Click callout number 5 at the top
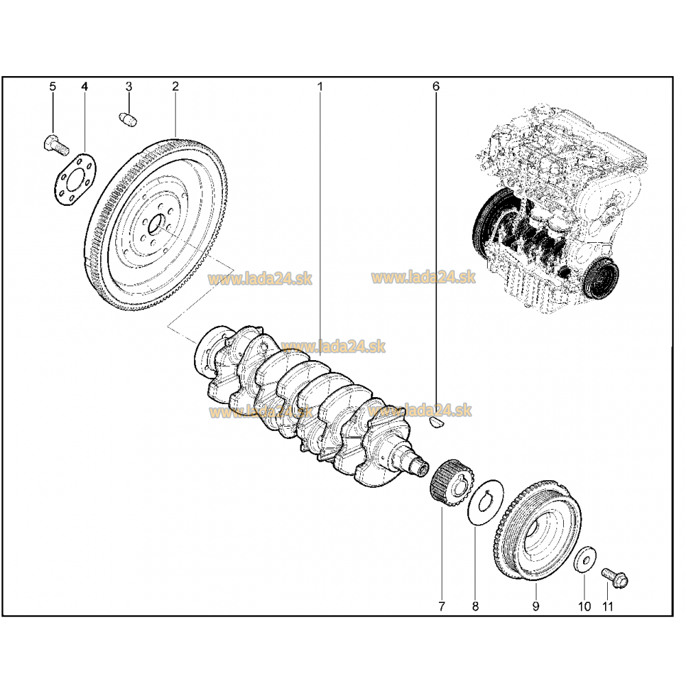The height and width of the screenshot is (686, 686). pyautogui.click(x=52, y=86)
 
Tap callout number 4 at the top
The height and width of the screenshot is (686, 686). pyautogui.click(x=85, y=86)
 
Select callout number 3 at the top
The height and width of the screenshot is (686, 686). pyautogui.click(x=128, y=86)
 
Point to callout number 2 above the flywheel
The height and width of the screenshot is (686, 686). pyautogui.click(x=175, y=86)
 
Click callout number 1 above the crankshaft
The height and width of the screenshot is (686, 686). pyautogui.click(x=320, y=86)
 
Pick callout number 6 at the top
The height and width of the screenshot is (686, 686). pyautogui.click(x=436, y=86)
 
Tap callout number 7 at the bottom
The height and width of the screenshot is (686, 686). pyautogui.click(x=441, y=606)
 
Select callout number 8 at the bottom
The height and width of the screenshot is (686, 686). pyautogui.click(x=475, y=606)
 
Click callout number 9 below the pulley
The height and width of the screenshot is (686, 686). pyautogui.click(x=535, y=606)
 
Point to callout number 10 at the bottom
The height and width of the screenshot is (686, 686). pyautogui.click(x=584, y=606)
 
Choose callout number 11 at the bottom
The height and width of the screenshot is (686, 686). pyautogui.click(x=607, y=606)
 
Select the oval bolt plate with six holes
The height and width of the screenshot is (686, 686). pyautogui.click(x=75, y=178)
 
